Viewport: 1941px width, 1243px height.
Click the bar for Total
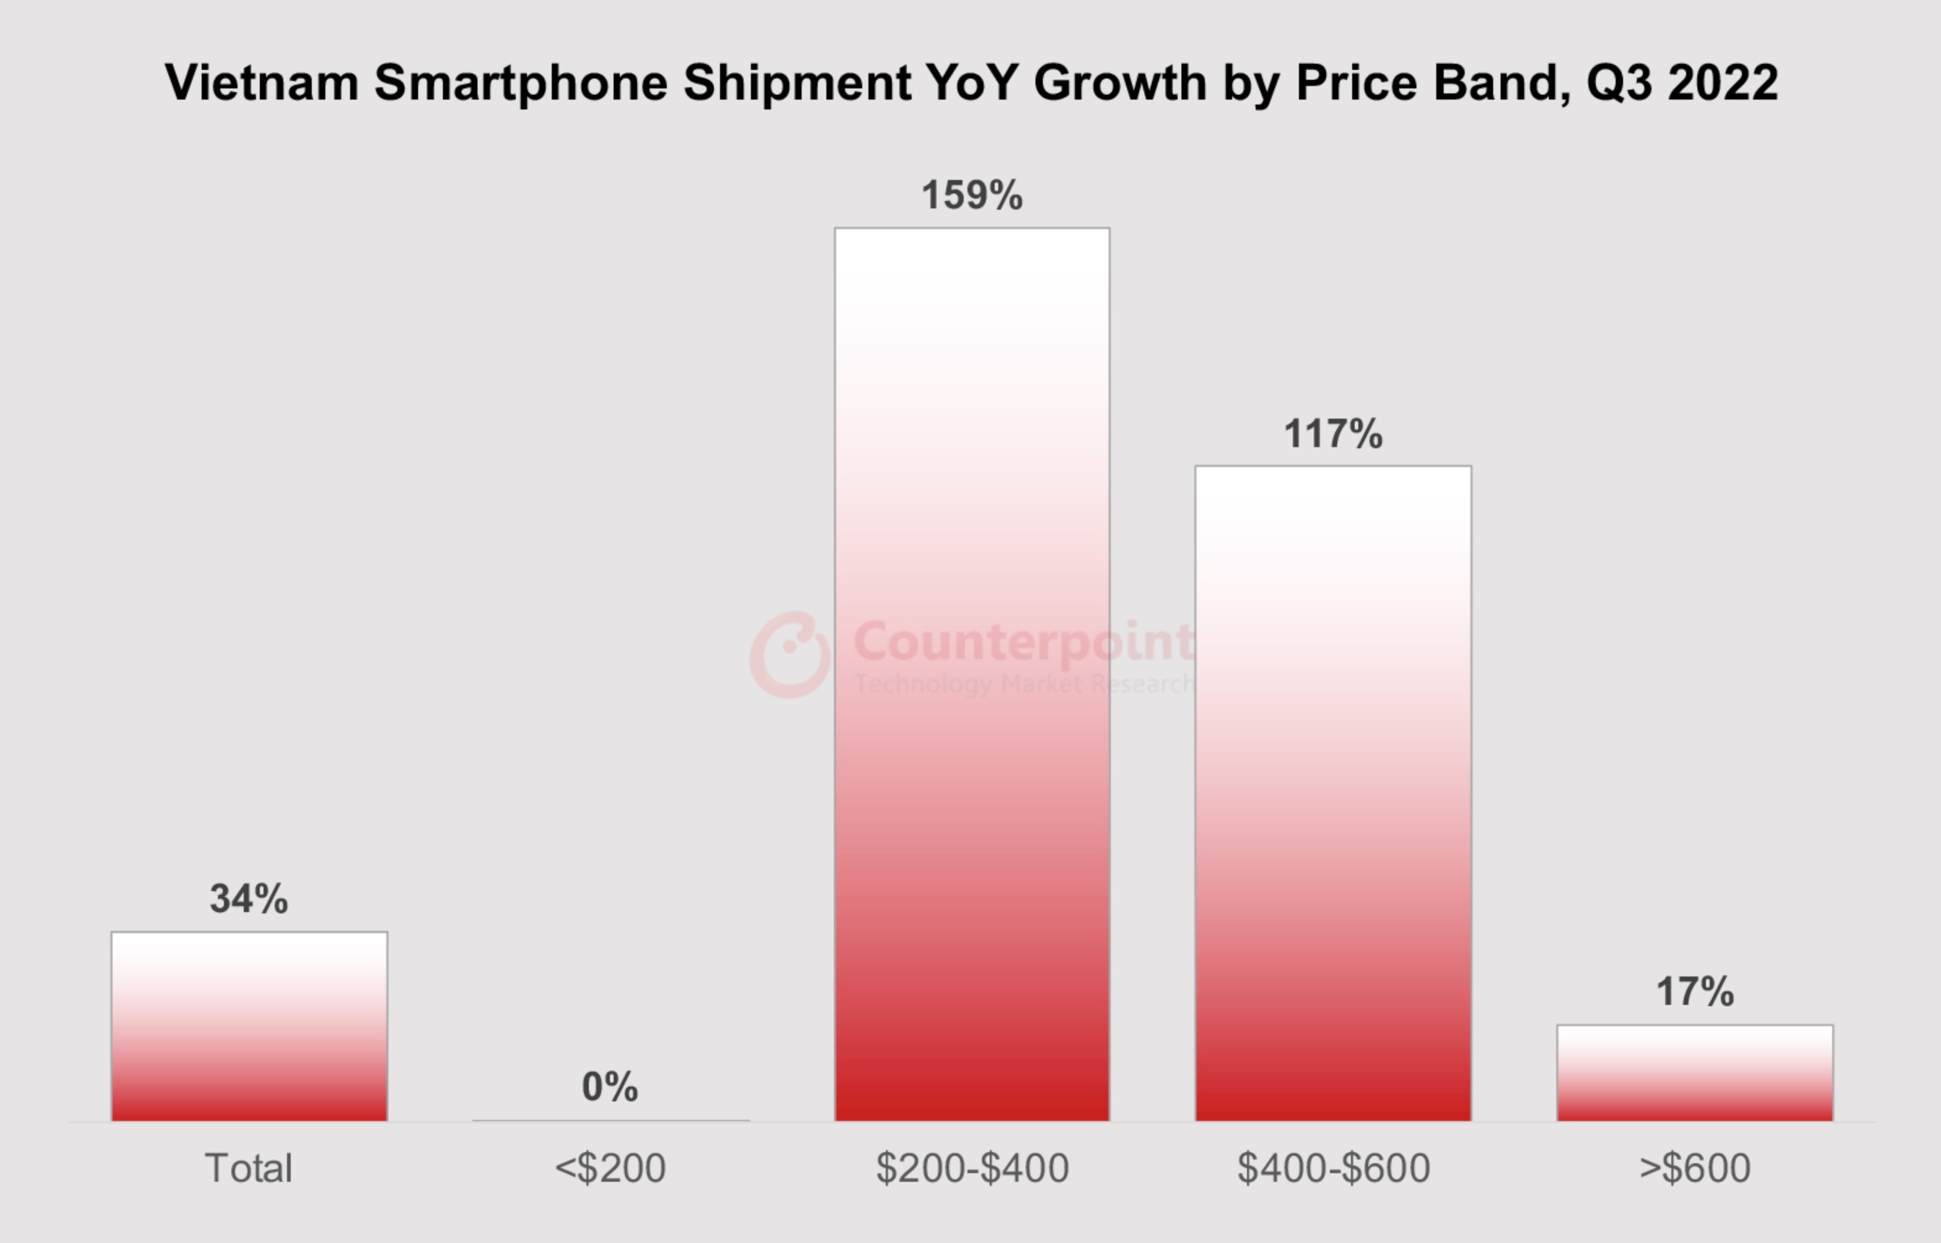(249, 1026)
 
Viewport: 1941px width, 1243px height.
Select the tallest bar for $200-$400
(972, 674)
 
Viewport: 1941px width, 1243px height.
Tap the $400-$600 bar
(1333, 793)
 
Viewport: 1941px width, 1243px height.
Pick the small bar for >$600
(1695, 1073)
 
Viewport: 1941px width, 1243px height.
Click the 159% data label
(972, 195)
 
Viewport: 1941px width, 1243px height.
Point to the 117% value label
(1333, 434)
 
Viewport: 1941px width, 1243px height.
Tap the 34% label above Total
(249, 899)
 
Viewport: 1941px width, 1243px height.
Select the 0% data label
(609, 1087)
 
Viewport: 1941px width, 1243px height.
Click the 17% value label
(1695, 991)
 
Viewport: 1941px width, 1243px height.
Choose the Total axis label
(249, 1168)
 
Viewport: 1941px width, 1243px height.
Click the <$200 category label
(609, 1168)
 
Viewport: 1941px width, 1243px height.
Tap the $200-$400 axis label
(972, 1168)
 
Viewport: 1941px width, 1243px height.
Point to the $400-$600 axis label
(1333, 1168)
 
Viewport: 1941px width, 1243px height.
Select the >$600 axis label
(1695, 1168)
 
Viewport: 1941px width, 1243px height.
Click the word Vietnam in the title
(262, 82)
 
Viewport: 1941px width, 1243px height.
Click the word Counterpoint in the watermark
(1023, 642)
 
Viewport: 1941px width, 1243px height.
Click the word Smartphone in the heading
(521, 82)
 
